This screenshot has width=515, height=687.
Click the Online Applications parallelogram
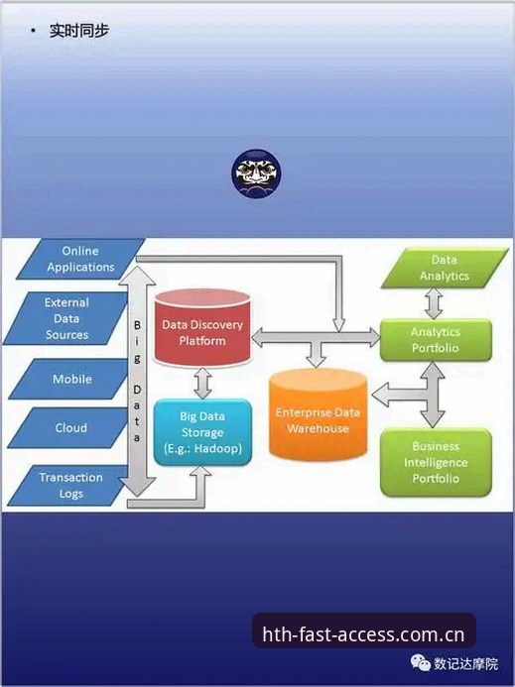click(80, 259)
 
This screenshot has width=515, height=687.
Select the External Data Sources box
click(66, 318)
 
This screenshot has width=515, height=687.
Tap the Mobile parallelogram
click(72, 379)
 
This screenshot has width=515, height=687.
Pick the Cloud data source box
click(71, 427)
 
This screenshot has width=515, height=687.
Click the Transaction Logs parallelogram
click(70, 486)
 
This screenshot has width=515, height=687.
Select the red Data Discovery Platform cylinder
click(202, 328)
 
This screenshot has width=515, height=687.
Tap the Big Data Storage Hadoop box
click(202, 432)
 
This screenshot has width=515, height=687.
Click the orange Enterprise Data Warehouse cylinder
click(318, 414)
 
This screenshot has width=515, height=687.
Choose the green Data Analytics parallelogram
click(444, 268)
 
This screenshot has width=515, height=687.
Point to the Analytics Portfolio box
click(436, 340)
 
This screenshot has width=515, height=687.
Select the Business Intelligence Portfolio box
click(436, 462)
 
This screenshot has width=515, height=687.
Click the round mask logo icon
click(257, 173)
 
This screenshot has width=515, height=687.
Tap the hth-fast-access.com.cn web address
click(363, 634)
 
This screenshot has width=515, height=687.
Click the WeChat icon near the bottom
click(421, 663)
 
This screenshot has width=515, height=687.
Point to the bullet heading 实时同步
click(79, 31)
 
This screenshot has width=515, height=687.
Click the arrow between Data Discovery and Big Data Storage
click(202, 383)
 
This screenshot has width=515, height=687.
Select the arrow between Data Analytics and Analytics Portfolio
click(434, 303)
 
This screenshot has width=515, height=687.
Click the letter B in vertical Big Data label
click(137, 325)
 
